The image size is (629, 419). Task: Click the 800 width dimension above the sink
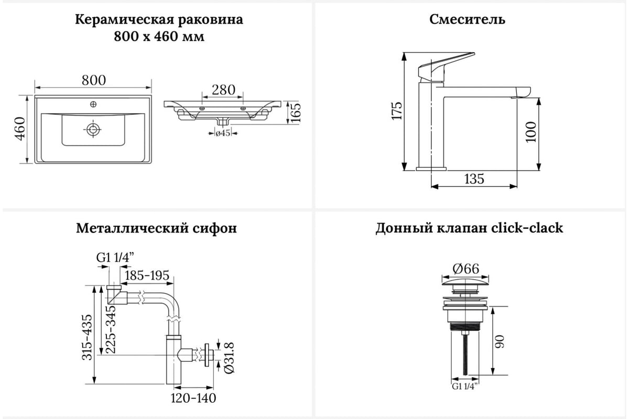pyautogui.click(x=94, y=80)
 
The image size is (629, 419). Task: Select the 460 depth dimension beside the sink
pyautogui.click(x=19, y=129)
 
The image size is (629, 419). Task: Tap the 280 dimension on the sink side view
pyautogui.click(x=223, y=90)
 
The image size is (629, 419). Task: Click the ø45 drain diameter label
pyautogui.click(x=223, y=134)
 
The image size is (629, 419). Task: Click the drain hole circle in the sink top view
pyautogui.click(x=93, y=129)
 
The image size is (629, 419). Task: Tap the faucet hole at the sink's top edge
pyautogui.click(x=94, y=104)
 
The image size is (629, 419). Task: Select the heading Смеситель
pyautogui.click(x=467, y=19)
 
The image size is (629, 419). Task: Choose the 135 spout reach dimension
pyautogui.click(x=474, y=179)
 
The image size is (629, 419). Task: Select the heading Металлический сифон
pyautogui.click(x=156, y=228)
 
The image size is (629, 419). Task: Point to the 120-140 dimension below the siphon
pyautogui.click(x=193, y=398)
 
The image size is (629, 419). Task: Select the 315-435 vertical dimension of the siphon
pyautogui.click(x=88, y=337)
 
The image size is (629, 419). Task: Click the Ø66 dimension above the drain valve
pyautogui.click(x=465, y=269)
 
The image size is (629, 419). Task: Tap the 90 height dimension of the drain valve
pyautogui.click(x=500, y=342)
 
